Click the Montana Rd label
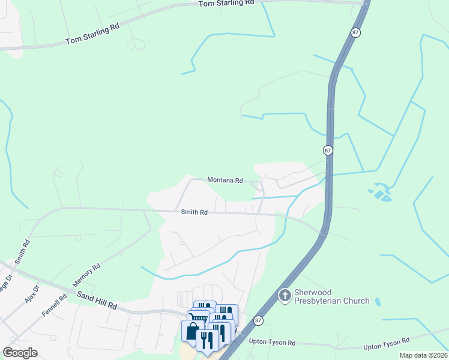pos(225,180)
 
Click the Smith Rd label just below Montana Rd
pos(194,212)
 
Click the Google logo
pos(20,353)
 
